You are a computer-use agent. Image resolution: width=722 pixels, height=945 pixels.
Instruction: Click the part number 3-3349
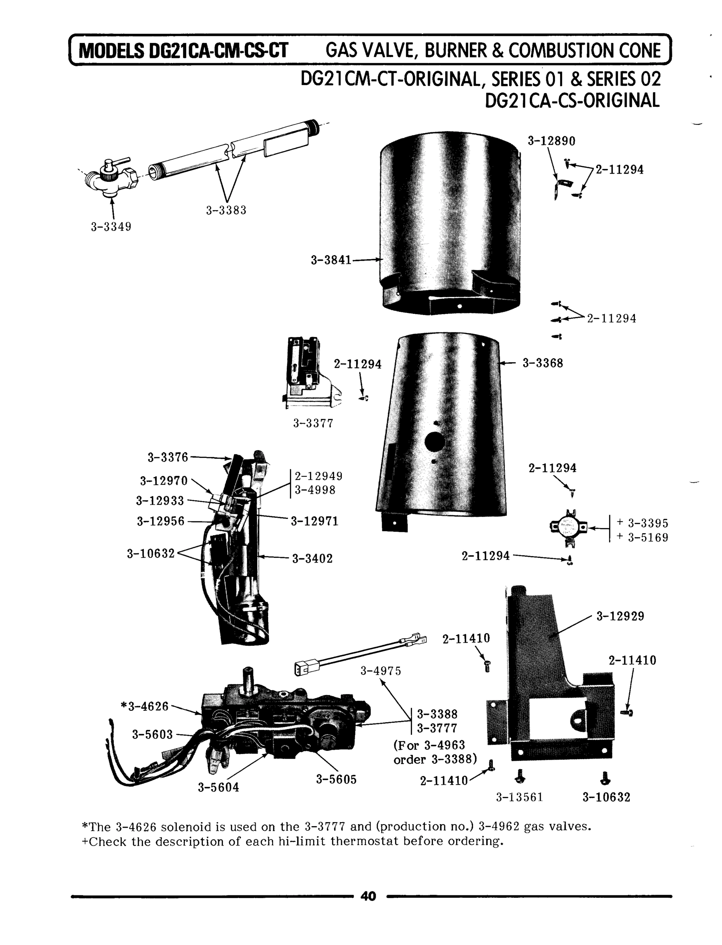[x=111, y=227]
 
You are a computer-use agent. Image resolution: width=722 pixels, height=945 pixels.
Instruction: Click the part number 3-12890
[x=551, y=141]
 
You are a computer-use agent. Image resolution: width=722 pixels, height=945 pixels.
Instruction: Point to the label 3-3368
[x=542, y=363]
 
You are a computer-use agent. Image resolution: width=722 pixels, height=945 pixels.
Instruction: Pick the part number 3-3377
[x=313, y=424]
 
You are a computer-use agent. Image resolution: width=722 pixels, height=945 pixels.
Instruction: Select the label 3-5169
[x=648, y=538]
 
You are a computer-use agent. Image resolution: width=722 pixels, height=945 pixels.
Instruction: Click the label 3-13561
[x=520, y=798]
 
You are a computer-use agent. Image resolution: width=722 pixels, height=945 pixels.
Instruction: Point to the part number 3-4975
[x=381, y=671]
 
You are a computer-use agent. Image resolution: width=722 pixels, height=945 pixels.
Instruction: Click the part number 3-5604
[x=218, y=787]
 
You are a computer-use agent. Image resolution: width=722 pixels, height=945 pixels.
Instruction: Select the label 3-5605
[x=336, y=780]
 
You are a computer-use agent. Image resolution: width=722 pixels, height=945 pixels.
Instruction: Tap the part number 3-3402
[x=312, y=559]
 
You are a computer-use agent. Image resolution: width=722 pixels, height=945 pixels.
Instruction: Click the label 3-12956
[x=160, y=521]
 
